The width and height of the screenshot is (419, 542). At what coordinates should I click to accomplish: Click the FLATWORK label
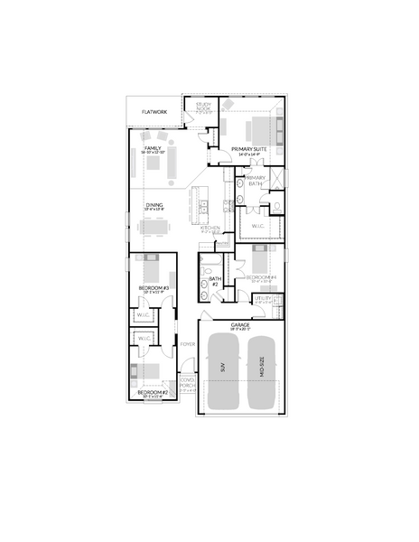[154, 112]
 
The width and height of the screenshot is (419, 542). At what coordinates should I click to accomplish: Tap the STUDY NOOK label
[203, 108]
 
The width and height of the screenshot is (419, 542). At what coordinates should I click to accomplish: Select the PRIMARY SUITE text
[248, 148]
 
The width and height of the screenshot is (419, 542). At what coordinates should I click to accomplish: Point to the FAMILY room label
[153, 147]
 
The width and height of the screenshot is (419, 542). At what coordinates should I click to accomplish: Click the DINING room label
[154, 206]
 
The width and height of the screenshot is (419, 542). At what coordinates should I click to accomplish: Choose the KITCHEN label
[210, 228]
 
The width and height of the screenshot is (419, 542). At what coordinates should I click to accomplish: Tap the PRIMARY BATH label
[256, 181]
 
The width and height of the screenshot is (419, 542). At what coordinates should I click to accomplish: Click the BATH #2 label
[215, 280]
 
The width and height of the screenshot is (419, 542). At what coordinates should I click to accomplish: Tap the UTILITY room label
[263, 298]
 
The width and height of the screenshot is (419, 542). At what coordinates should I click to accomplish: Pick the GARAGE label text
[240, 324]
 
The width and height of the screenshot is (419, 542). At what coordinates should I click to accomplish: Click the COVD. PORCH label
[188, 385]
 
